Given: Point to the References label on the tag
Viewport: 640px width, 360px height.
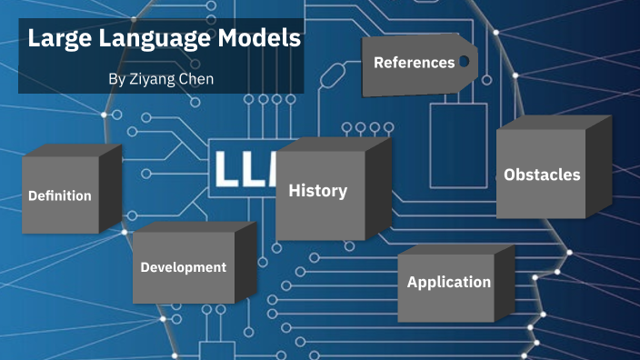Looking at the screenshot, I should click(x=414, y=63).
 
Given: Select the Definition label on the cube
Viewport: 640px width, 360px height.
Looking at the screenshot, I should click(x=60, y=195).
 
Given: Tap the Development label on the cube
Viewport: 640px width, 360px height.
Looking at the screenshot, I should click(x=184, y=267).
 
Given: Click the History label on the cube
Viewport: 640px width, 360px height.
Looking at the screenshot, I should click(x=317, y=191).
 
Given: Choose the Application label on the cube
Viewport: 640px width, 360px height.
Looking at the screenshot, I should click(x=449, y=283).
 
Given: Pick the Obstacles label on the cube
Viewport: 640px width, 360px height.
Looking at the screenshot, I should click(x=542, y=175).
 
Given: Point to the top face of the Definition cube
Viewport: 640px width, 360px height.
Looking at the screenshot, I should click(x=73, y=150).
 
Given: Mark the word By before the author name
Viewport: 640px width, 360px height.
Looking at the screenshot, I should click(x=116, y=80).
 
